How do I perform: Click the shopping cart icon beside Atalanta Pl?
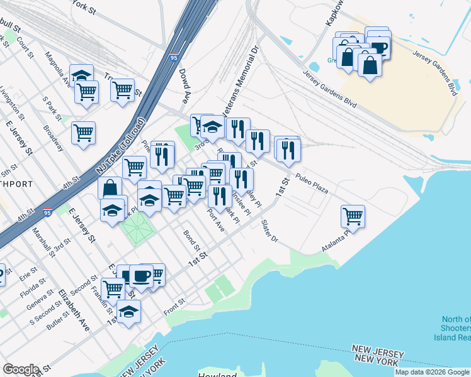coord(353,217)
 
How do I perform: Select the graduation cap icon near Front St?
coord(128,312)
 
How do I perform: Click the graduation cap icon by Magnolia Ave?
coord(81,75)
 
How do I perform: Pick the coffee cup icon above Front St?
coord(141,276)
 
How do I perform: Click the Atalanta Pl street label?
coord(336,241)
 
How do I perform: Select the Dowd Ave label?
coord(184,86)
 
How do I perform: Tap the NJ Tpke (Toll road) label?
coord(120,147)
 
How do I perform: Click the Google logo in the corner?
coord(21,369)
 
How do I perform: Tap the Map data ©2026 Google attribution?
coord(432,372)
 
